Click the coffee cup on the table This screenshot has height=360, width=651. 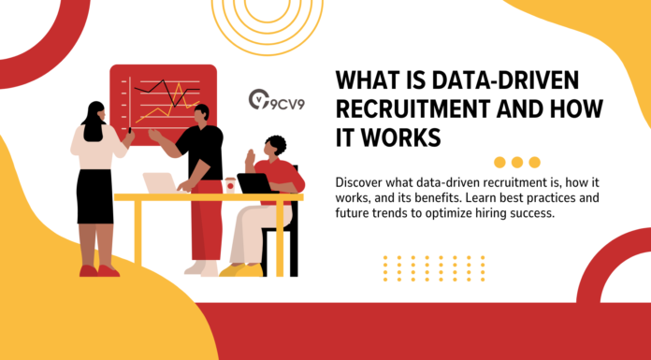tap(229, 184)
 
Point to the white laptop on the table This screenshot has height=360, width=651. tap(160, 183)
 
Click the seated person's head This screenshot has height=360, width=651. tap(275, 146)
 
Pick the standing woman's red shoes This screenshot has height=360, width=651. tap(98, 270)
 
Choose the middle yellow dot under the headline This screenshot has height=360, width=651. tap(517, 162)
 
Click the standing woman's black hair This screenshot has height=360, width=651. tap(93, 122)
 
